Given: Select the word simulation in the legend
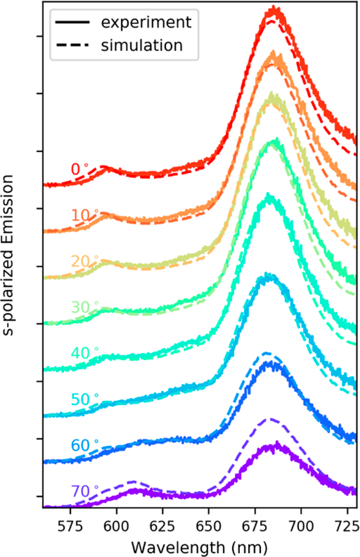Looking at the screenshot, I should point(142,45).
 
